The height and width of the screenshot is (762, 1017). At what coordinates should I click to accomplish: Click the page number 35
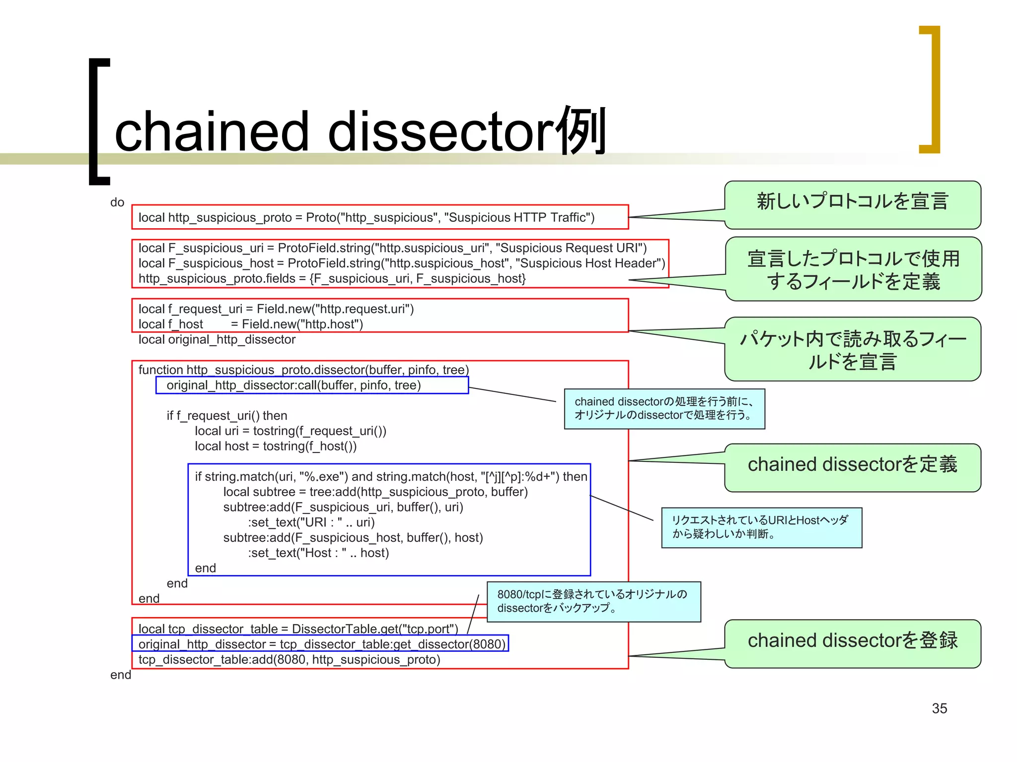point(939,708)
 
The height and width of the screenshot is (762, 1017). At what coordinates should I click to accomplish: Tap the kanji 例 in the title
point(581,130)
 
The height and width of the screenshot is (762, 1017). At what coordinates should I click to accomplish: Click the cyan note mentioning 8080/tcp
point(593,601)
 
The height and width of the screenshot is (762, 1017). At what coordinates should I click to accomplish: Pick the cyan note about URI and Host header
point(761,527)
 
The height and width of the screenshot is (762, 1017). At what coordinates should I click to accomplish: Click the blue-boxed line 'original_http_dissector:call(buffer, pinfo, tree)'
point(293,385)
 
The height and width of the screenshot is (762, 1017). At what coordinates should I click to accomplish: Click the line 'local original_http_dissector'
point(217,340)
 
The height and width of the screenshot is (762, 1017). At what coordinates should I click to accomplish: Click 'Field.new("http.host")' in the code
point(302,324)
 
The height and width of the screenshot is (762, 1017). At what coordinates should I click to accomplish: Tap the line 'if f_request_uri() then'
point(227,416)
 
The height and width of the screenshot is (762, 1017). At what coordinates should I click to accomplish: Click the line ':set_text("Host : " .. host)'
point(318,553)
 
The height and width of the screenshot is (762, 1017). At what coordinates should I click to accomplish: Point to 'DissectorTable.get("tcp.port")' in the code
point(375,629)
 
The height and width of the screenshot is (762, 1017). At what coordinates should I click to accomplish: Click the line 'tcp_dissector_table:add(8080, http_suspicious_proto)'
point(289,660)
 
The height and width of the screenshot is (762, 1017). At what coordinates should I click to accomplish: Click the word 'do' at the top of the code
point(117,202)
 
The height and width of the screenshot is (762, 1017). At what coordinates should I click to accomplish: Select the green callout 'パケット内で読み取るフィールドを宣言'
point(852,350)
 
